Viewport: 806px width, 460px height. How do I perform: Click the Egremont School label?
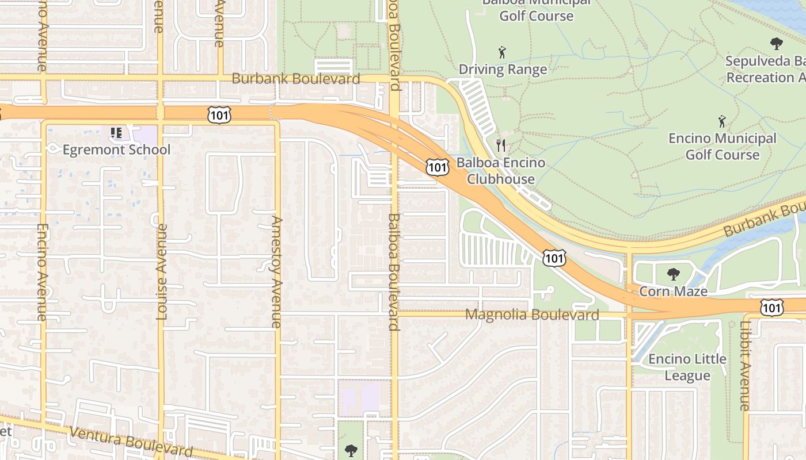116,150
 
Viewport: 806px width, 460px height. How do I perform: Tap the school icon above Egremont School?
116,133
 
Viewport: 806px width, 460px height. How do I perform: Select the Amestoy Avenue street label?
277,271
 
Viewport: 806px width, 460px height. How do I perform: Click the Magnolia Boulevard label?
532,315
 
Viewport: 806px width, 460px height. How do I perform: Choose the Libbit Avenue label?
745,366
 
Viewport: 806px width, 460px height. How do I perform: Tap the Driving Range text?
503,70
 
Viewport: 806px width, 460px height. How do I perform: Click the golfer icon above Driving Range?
502,52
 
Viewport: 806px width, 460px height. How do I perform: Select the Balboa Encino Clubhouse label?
500,171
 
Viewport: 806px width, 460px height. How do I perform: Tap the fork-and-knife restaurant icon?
501,145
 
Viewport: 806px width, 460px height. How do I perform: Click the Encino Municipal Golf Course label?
722,147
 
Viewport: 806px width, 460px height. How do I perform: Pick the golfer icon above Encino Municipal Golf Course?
722,121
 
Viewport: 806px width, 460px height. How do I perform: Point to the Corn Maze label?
673,292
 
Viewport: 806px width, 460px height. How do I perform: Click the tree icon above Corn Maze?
673,274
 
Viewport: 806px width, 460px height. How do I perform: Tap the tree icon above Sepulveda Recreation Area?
776,43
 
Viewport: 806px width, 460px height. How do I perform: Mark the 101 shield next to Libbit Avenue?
771,308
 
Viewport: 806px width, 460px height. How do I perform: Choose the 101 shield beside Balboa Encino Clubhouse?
437,167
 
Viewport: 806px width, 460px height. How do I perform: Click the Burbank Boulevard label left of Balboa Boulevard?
296,79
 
